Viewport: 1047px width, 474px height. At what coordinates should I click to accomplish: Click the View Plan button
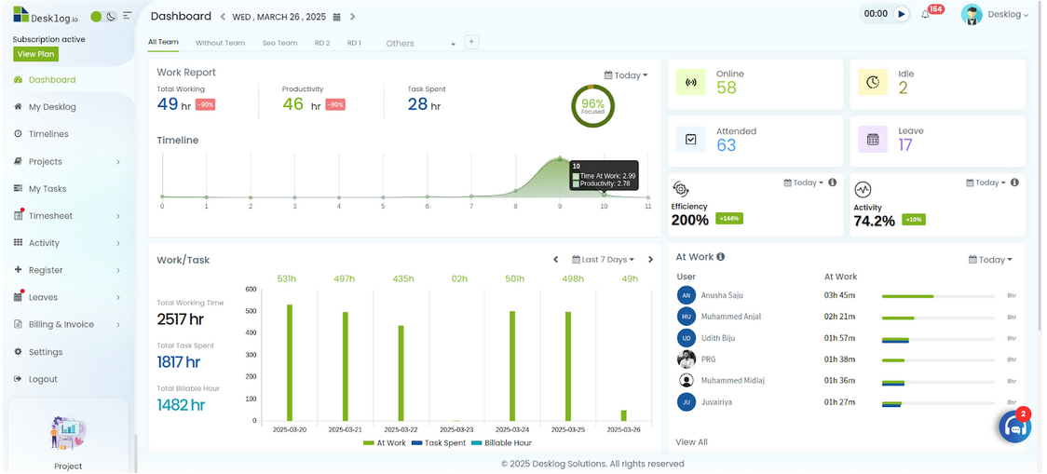coord(35,54)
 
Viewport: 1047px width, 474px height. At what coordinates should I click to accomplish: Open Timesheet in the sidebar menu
coord(50,216)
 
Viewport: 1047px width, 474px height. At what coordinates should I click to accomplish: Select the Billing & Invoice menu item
coord(61,325)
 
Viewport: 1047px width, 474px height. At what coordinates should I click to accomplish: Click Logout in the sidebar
coord(43,379)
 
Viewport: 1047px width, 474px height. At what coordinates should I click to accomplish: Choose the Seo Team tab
coord(279,43)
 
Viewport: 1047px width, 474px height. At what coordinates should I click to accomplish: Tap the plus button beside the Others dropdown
coord(471,42)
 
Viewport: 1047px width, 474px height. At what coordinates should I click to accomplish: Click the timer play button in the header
coord(901,14)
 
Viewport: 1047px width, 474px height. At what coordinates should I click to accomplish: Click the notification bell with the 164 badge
coord(926,14)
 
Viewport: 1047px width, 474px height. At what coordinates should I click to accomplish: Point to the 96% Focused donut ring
coord(592,106)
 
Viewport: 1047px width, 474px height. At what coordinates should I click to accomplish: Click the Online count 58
coord(727,88)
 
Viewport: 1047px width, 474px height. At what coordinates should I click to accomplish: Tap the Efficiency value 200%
coord(690,221)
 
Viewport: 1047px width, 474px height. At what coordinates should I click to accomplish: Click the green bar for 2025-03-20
coord(290,363)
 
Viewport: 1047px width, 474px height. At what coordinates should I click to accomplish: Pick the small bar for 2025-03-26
coord(623,415)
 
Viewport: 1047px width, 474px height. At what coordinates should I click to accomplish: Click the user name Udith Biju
coord(718,338)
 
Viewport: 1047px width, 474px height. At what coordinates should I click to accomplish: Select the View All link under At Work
coord(691,442)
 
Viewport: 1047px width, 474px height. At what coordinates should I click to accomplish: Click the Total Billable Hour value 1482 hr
coord(181,405)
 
